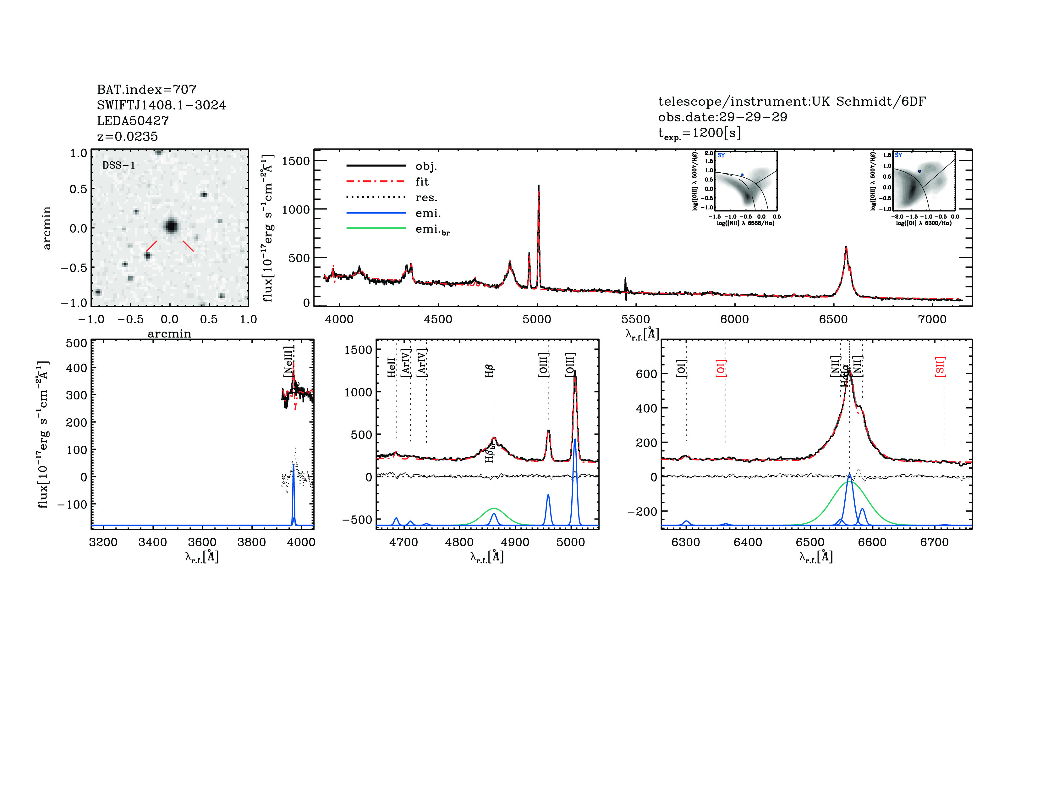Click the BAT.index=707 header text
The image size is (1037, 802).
(146, 89)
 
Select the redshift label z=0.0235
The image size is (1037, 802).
(127, 136)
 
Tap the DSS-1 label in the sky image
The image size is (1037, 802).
(119, 165)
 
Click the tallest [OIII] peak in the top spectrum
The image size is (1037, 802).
(538, 186)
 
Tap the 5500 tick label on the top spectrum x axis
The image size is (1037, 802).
(636, 319)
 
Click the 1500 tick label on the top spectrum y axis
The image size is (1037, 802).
(295, 161)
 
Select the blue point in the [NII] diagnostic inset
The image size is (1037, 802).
(742, 175)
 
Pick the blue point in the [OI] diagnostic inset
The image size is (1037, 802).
(920, 171)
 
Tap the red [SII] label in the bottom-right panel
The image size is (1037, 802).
(940, 367)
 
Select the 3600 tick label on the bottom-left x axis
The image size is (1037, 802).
(202, 542)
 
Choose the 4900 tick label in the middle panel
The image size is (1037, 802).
(515, 542)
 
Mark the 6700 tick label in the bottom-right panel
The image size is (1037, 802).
(935, 542)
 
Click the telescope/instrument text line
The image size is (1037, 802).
(792, 101)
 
